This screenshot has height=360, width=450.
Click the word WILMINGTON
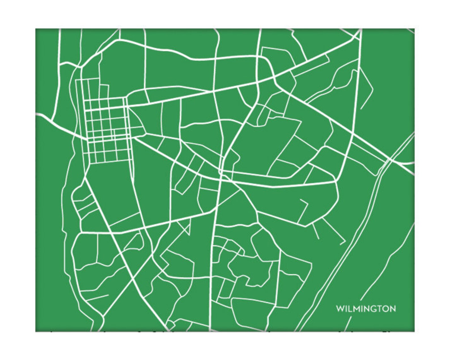pos(366,309)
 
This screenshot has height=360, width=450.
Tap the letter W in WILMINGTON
pos(339,309)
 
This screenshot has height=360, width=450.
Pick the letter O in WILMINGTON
pos(387,309)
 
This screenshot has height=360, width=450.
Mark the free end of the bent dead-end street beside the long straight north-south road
pos(361,108)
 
